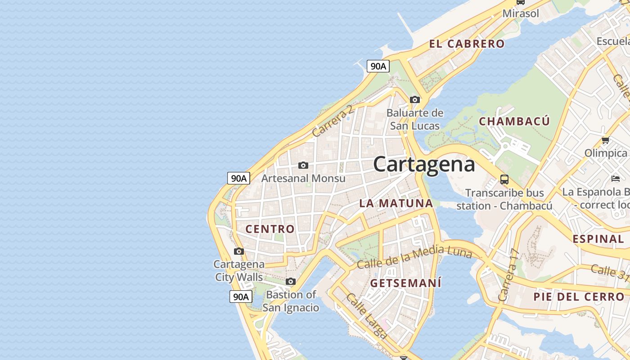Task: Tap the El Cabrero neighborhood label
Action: point(467,44)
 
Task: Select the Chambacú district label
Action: point(514,121)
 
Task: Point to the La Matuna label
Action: point(396,203)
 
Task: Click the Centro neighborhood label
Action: point(270,229)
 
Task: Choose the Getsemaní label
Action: point(405,283)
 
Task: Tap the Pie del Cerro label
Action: point(579,297)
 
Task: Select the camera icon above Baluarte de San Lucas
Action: point(415,99)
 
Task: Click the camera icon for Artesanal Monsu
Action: point(303,165)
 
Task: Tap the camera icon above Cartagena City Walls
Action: point(239,251)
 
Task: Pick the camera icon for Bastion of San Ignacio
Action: point(291,281)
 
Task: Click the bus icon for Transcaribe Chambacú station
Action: point(504,180)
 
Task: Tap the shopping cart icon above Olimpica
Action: point(606,140)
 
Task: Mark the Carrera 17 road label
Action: point(509,275)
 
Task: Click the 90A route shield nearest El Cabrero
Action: point(378,66)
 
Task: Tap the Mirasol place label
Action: point(521,13)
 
